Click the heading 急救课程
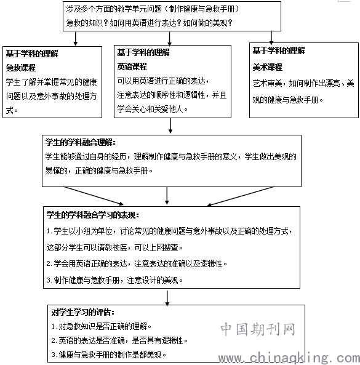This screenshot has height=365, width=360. point(21,68)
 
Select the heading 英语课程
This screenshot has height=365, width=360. point(132,67)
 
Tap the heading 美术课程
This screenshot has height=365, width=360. point(267,67)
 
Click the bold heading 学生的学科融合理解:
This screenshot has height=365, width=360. point(80,142)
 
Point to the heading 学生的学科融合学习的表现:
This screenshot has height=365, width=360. point(93,215)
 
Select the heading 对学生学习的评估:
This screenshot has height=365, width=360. point(83,312)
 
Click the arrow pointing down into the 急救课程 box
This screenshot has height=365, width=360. point(76,39)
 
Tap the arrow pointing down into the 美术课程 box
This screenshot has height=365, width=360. point(271,38)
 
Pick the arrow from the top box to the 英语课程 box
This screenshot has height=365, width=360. point(170,38)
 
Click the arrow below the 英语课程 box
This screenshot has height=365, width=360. point(170,126)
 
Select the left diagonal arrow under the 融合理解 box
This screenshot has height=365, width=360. point(94,196)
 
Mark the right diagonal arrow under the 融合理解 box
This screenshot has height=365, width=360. point(241,196)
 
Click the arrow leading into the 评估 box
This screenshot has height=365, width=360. point(167,298)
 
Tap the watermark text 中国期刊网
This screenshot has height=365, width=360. point(258,329)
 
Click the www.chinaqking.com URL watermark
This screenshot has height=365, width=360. point(289,358)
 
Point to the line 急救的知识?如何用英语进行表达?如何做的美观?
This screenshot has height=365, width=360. point(149,23)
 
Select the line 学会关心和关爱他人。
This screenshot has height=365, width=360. point(153,109)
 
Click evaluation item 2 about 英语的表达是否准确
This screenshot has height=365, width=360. point(119,340)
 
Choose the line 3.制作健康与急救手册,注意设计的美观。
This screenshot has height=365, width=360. point(114,280)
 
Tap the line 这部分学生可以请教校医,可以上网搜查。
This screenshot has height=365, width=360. point(114,247)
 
